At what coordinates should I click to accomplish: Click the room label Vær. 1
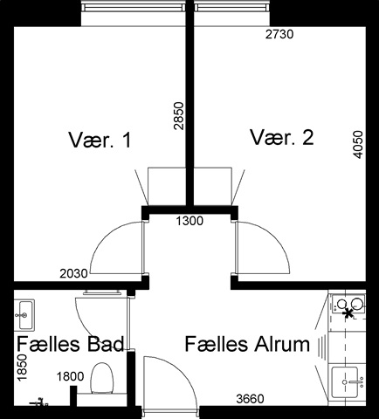point(100,140)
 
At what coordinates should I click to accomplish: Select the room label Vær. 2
point(282,137)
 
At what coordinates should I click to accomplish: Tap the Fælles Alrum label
point(247,344)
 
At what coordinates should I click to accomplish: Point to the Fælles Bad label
point(71,344)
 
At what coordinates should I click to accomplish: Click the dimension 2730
point(279,34)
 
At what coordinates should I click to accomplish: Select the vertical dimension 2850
point(178,116)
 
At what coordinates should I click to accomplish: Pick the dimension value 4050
point(358,145)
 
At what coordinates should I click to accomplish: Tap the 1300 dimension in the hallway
point(189,221)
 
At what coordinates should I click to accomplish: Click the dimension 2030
point(73,273)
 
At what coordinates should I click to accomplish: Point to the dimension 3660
point(250,399)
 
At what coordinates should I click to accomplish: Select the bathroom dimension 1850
point(22,367)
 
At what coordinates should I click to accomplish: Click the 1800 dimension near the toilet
point(71,377)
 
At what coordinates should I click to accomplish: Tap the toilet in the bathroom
point(102,378)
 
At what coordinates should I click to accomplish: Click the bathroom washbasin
point(24,315)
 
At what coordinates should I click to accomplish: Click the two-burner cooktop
point(348,304)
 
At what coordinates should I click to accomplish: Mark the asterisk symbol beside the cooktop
point(348,313)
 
